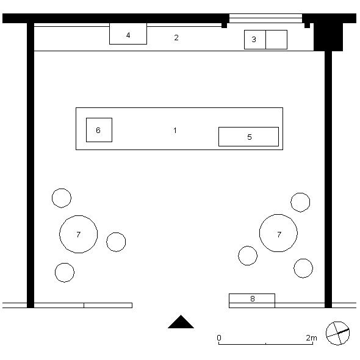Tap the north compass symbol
[338, 333]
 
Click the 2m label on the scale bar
[311, 338]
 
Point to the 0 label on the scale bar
[219, 338]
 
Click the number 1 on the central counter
[175, 131]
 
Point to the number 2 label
[176, 37]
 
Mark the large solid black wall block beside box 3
[328, 37]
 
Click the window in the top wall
[265, 18]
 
